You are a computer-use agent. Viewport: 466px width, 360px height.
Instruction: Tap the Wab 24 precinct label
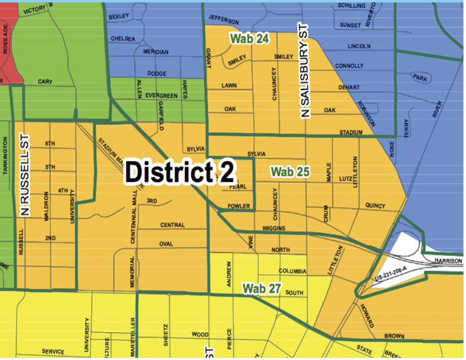tap(249, 38)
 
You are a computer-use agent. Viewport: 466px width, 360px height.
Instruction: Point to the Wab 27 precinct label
tap(260, 289)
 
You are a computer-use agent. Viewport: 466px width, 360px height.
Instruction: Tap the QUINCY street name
tap(375, 206)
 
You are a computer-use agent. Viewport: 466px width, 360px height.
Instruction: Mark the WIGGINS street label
tap(274, 228)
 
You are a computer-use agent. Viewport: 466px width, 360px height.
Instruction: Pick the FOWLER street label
tap(239, 206)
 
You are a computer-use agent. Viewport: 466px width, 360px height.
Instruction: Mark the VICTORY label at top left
tap(35, 10)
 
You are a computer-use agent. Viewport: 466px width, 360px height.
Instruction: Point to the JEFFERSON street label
tap(224, 21)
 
